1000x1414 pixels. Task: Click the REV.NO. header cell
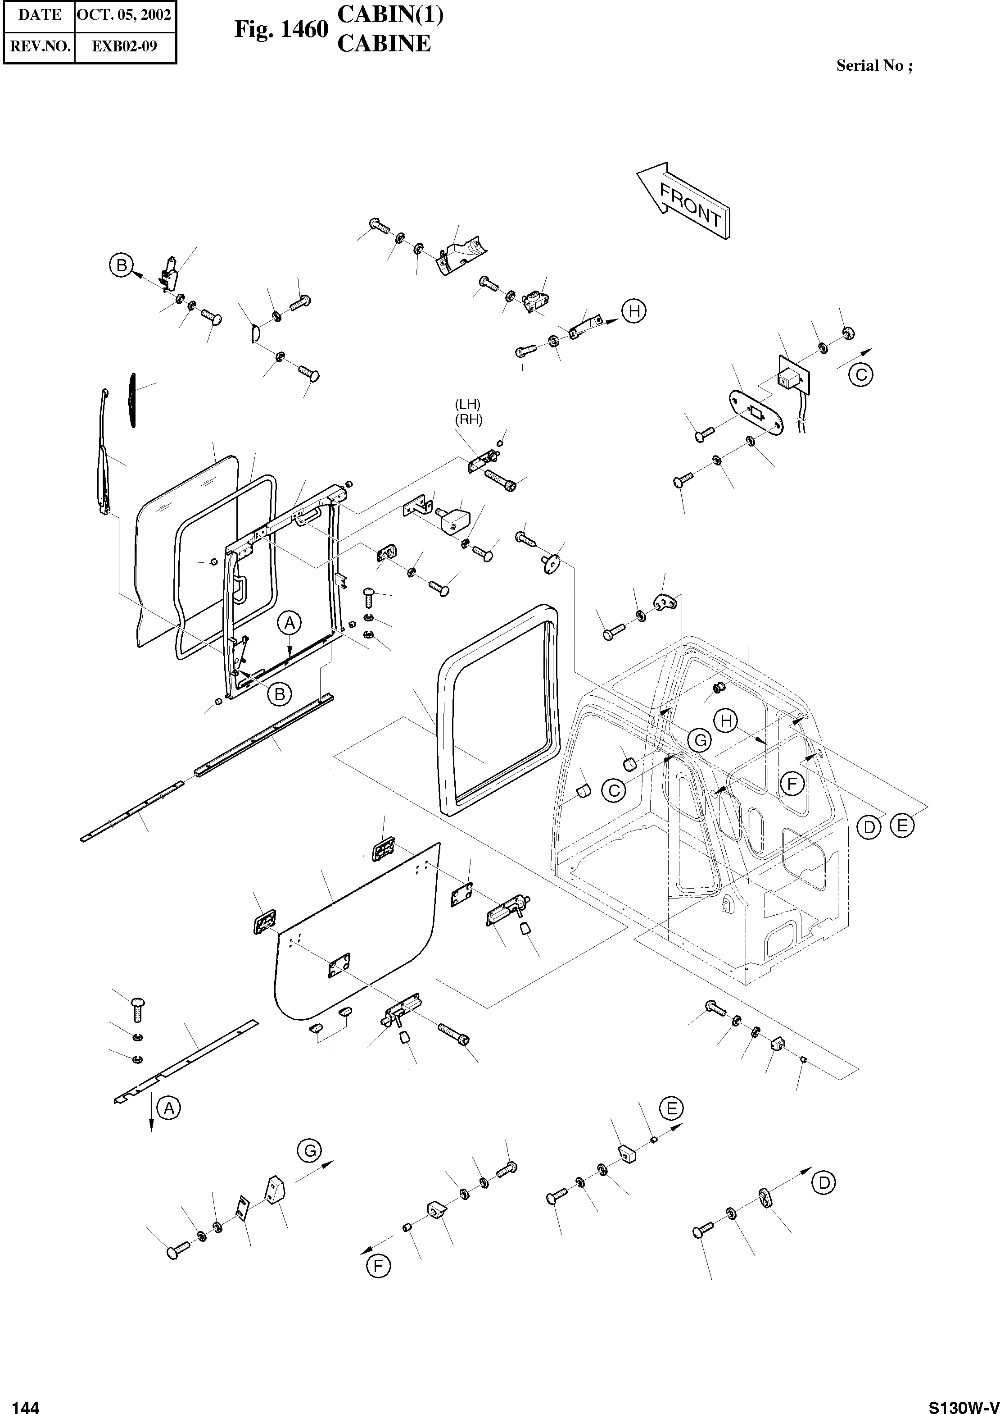click(x=40, y=46)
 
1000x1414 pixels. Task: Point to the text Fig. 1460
click(x=281, y=30)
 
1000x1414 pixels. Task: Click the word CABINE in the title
click(x=384, y=44)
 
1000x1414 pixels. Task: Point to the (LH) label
click(x=467, y=404)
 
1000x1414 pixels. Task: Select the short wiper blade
click(x=132, y=399)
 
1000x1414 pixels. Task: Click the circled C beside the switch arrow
click(x=861, y=374)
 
